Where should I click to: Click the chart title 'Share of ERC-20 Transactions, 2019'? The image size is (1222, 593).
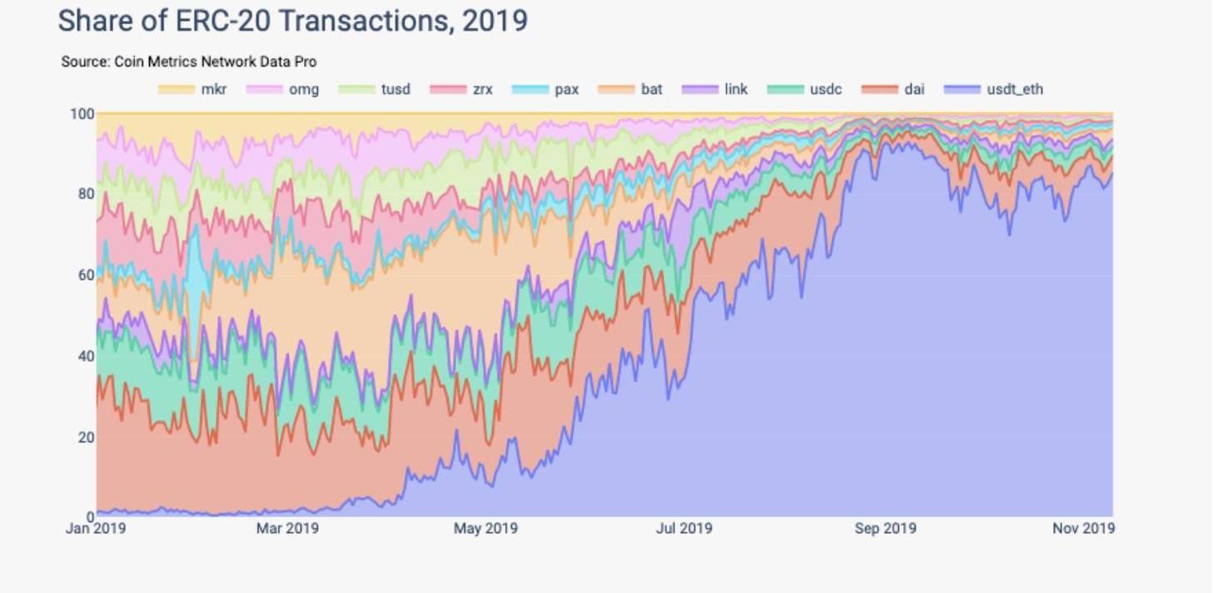point(292,21)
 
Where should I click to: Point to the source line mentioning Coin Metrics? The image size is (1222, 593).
point(188,62)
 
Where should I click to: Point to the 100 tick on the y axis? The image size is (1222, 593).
point(82,113)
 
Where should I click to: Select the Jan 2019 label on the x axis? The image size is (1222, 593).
point(96,528)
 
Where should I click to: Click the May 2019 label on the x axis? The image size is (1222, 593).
point(485,528)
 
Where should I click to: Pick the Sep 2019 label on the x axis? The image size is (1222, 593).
point(885,528)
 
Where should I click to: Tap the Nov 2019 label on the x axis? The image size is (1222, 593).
point(1084,528)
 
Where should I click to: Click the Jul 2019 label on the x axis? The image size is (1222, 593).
point(683,528)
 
